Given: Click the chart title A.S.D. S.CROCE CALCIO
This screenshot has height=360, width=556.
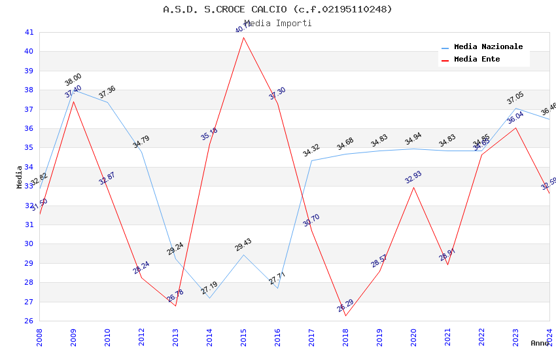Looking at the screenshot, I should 277,9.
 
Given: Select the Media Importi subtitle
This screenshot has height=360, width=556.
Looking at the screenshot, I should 277,24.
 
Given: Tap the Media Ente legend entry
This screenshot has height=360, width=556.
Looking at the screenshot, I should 477,60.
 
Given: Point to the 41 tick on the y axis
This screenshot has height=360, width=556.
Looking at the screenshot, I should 29,32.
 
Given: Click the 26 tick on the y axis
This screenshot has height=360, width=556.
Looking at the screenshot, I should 29,321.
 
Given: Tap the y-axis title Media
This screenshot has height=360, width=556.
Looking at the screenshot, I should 20,177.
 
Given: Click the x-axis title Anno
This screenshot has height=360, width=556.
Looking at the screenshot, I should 540,343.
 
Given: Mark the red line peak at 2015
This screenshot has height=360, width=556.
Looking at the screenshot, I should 243,37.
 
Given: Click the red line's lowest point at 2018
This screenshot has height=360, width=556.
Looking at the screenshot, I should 345,315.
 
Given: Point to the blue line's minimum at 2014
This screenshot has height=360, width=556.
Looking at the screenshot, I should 209,298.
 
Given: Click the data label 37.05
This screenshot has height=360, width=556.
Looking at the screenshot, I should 515,99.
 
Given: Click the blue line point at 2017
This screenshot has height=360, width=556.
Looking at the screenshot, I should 311,160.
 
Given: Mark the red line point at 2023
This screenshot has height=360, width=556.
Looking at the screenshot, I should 515,128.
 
